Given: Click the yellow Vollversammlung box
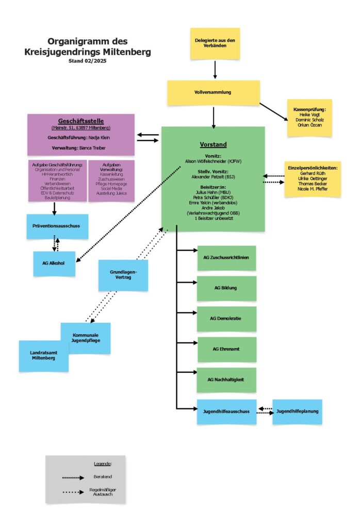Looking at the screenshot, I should click(x=213, y=92).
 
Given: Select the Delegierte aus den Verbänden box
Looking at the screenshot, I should click(x=215, y=43).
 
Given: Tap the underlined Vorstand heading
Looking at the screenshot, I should click(x=213, y=145).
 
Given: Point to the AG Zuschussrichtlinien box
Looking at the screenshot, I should click(x=226, y=258).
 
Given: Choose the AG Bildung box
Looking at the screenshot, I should click(x=226, y=288).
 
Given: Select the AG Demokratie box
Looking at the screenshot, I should click(x=226, y=319).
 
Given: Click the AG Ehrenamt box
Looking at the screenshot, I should click(x=226, y=349).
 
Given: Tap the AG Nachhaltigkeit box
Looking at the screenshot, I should click(x=226, y=379).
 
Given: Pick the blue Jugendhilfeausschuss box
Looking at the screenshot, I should click(x=226, y=411).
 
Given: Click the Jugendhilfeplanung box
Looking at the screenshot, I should click(x=297, y=411).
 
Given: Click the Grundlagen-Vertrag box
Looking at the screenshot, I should click(x=123, y=274).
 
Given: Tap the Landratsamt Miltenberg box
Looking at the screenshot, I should click(x=43, y=355).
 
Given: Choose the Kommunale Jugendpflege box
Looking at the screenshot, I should click(x=86, y=338).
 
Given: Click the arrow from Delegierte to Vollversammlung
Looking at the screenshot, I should click(x=215, y=68).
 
